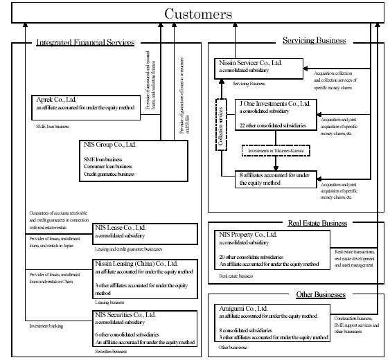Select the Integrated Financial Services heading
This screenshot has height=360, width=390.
click(x=85, y=43)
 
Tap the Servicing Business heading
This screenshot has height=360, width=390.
click(x=314, y=40)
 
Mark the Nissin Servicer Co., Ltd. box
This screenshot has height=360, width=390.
click(x=258, y=68)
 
